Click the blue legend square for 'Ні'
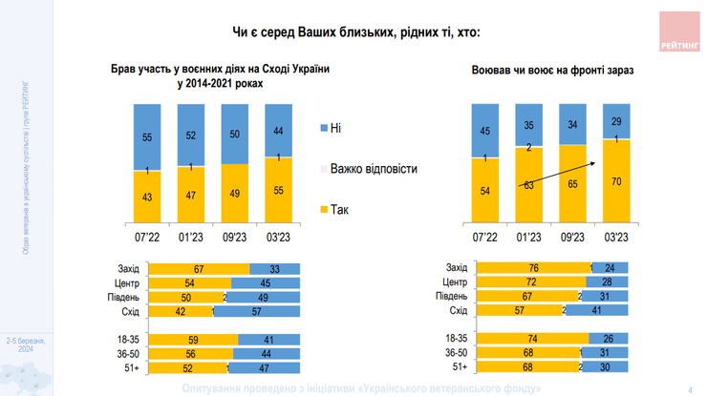point(322,126)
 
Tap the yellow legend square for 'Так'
point(322,209)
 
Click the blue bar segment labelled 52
point(191,134)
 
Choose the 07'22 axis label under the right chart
point(486,237)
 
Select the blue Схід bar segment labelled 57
point(257,312)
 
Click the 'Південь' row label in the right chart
point(451,297)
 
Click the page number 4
point(690,387)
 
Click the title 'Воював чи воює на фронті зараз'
point(552,71)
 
